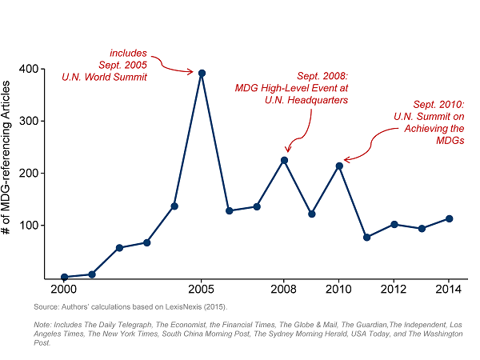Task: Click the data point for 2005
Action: coord(202,73)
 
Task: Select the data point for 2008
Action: coord(284,160)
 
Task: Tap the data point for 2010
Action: coord(339,166)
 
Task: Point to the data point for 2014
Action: coord(450,218)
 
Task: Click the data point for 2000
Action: coord(64,277)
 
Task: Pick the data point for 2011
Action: coord(366,237)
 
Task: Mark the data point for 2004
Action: coord(174,206)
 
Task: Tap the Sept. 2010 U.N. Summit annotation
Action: coord(429,122)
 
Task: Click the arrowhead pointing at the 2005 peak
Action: coord(192,72)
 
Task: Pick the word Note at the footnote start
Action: coord(42,324)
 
